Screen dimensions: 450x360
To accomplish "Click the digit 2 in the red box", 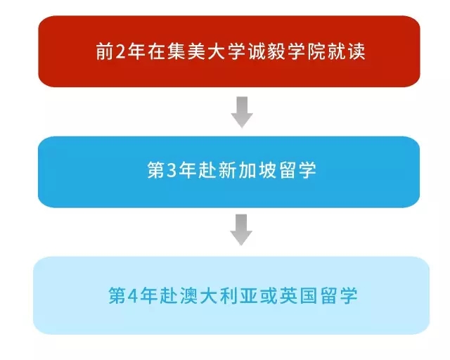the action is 120,51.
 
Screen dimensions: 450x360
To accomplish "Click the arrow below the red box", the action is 242,112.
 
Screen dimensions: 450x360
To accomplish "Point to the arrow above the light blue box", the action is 241,230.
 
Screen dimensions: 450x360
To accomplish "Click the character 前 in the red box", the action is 105,51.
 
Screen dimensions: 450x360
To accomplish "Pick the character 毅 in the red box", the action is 277,51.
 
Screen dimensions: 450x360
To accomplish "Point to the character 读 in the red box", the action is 356,51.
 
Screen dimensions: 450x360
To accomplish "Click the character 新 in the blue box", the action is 227,170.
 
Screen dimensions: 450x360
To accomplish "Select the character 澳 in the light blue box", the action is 189,296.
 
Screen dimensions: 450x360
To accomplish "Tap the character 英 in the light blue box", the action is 289,296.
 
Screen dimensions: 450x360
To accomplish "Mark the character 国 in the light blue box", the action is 309,296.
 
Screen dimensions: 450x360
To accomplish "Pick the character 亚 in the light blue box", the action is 249,296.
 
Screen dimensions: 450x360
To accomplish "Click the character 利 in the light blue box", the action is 229,296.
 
